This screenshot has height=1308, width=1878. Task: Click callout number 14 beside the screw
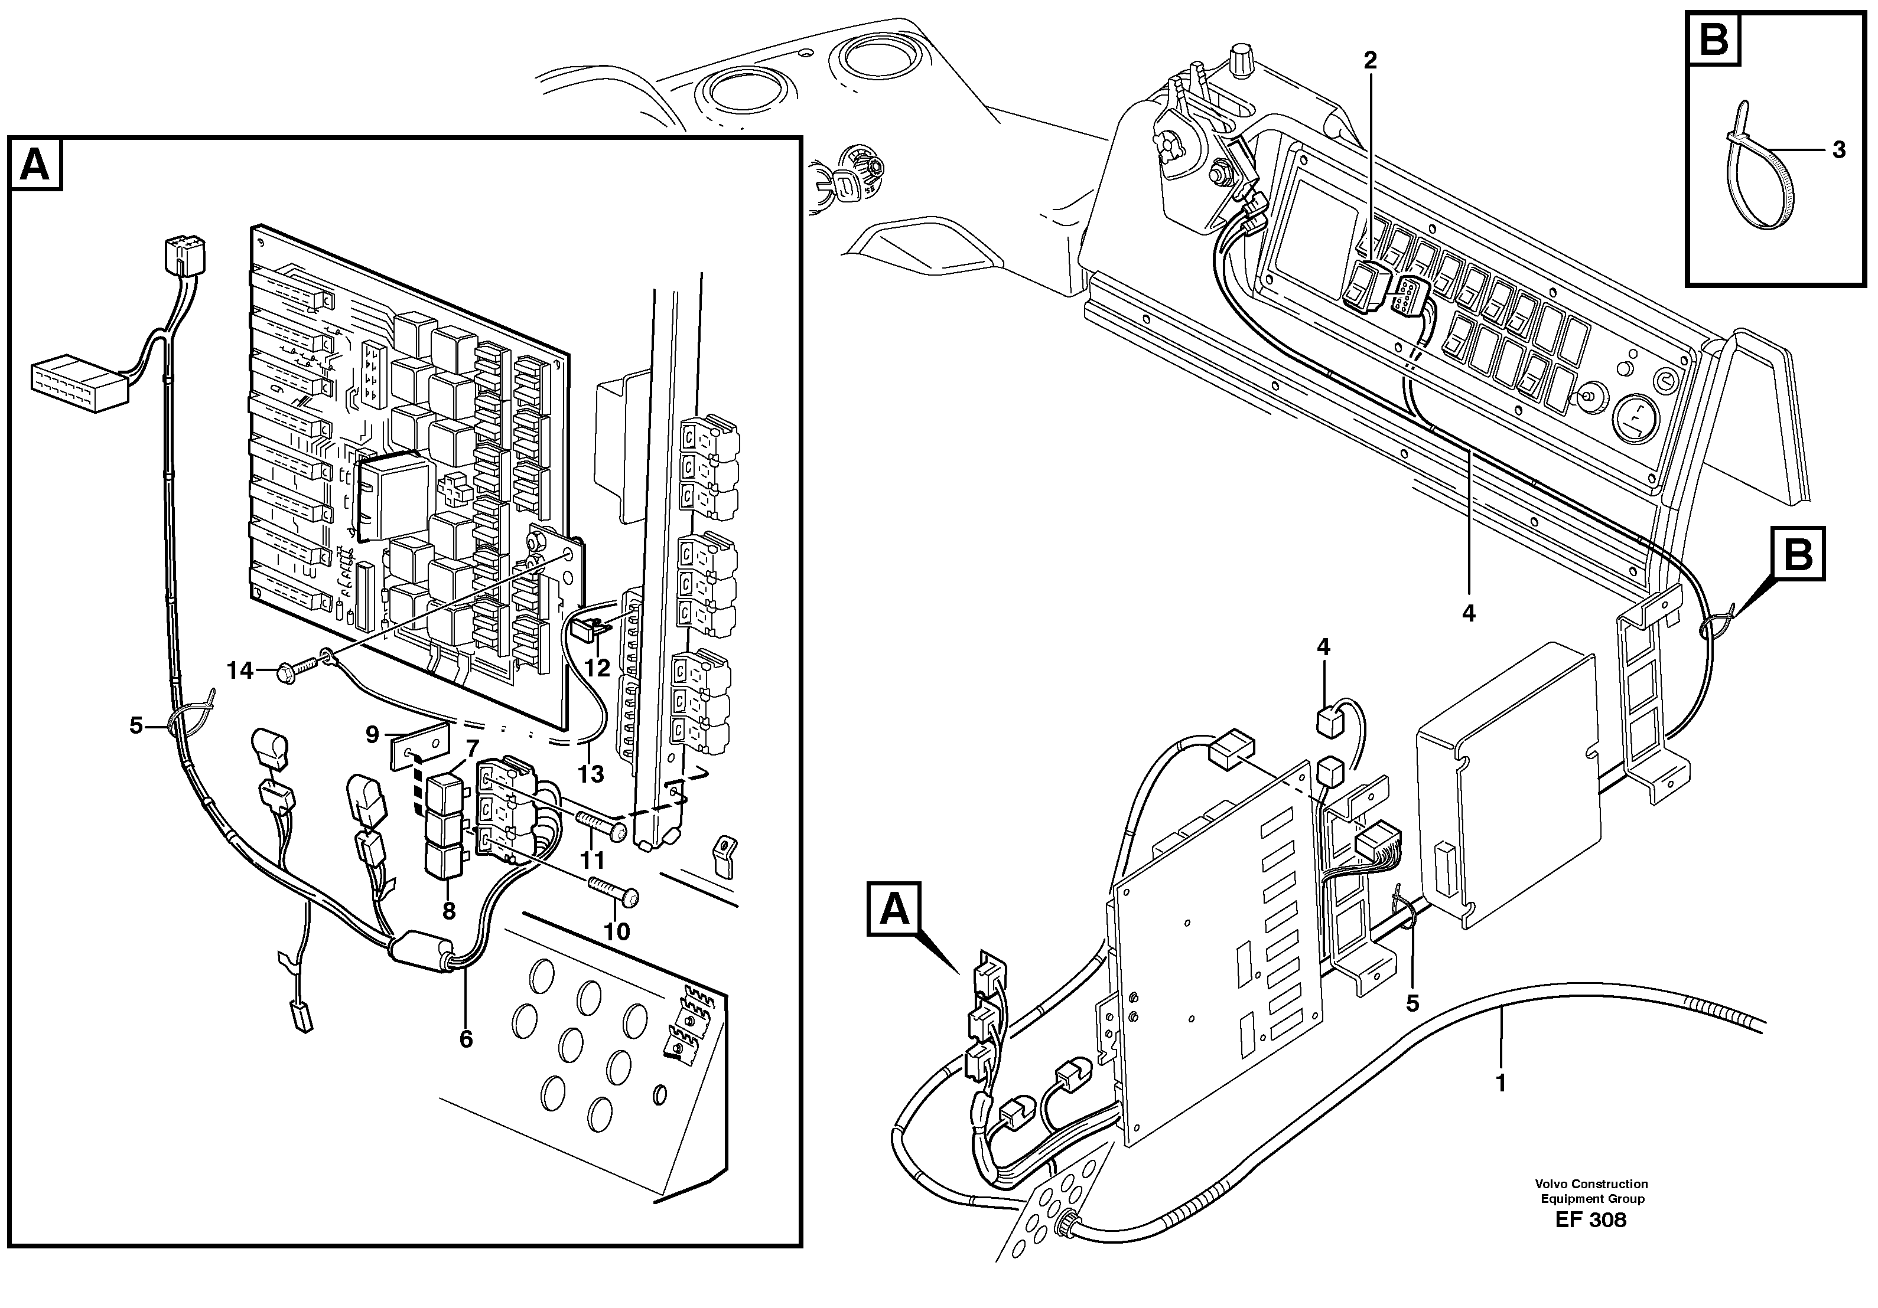(240, 671)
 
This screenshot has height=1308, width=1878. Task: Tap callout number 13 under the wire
(591, 773)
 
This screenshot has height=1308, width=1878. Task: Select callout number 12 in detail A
(597, 668)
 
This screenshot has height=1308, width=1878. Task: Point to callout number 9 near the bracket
(372, 735)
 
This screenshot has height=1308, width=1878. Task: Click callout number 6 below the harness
(466, 1039)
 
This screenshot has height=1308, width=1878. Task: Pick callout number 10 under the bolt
(617, 932)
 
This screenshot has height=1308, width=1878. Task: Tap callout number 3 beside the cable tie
(1839, 151)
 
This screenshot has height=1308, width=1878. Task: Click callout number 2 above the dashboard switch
(1370, 60)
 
